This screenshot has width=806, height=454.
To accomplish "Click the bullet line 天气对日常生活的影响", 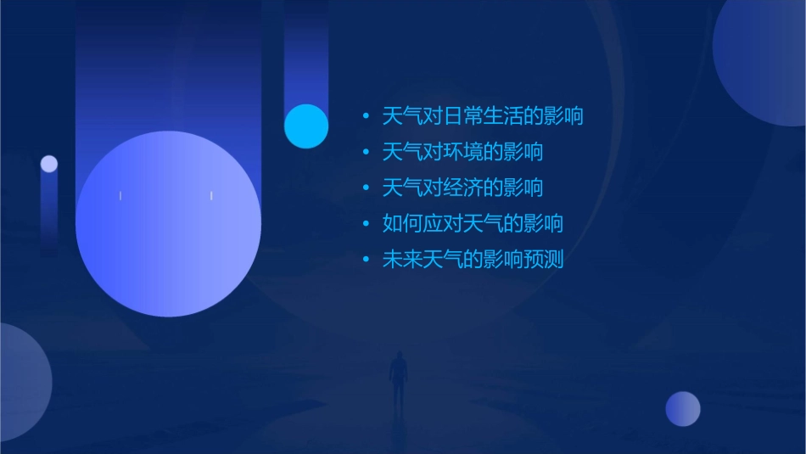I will point(483,115).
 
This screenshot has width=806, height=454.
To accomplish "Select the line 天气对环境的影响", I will point(462,152).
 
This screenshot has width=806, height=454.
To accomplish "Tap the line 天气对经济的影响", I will point(462,188).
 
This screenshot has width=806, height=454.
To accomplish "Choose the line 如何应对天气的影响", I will point(473,224).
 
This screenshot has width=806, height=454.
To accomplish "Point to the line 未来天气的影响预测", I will point(473,260).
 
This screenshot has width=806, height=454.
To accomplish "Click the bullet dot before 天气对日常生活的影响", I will point(365,116).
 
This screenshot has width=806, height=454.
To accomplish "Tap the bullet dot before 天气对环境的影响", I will point(365,153).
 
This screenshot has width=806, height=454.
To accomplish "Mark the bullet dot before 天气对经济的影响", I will point(365,188).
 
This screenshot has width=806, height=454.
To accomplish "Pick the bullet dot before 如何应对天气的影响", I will point(365,225).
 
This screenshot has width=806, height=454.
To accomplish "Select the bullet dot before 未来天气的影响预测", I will point(365,261).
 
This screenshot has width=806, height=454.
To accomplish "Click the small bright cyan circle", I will point(306,126).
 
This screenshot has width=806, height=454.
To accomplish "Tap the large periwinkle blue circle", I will point(168,224).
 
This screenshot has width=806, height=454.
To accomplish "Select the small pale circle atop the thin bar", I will point(49,164).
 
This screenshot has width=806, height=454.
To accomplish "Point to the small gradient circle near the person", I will point(683,409).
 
